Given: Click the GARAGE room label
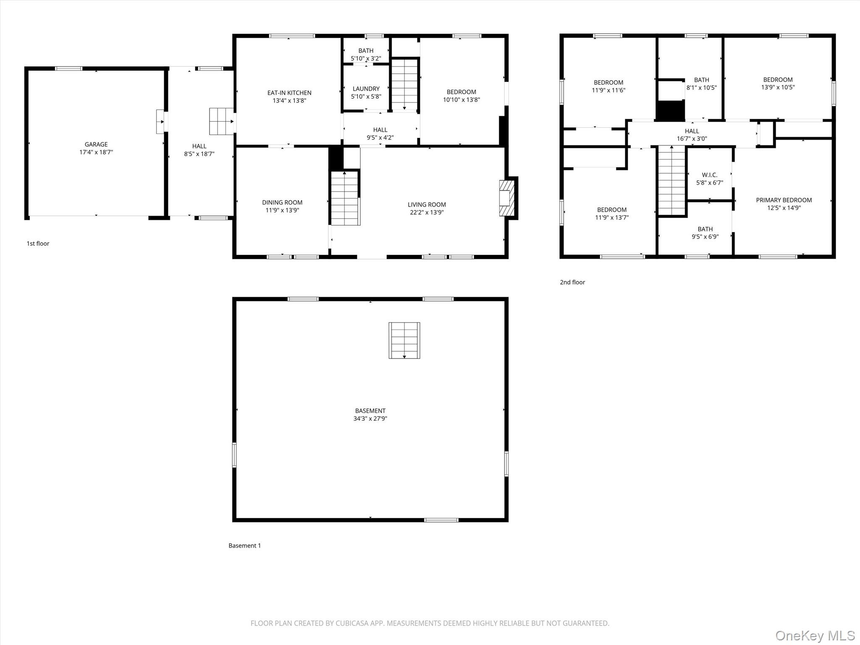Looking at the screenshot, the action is pyautogui.click(x=96, y=144).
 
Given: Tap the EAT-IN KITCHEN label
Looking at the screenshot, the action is pyautogui.click(x=289, y=93).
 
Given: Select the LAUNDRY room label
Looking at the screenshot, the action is pyautogui.click(x=366, y=89).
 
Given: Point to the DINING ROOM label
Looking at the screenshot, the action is pyautogui.click(x=282, y=202).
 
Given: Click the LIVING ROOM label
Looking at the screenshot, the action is pyautogui.click(x=427, y=205).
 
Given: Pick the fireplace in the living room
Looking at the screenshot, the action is pyautogui.click(x=506, y=198).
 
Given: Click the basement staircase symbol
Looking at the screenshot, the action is pyautogui.click(x=404, y=341).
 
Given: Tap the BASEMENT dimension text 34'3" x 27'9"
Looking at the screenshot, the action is pyautogui.click(x=370, y=419).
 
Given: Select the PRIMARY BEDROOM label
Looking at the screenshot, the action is pyautogui.click(x=784, y=200).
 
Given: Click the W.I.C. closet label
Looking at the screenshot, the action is pyautogui.click(x=710, y=175).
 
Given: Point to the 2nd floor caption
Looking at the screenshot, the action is pyautogui.click(x=572, y=282).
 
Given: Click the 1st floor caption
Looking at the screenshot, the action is pyautogui.click(x=38, y=244).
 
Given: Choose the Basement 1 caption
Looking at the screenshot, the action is pyautogui.click(x=245, y=545).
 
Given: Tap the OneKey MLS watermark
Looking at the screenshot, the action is pyautogui.click(x=815, y=635).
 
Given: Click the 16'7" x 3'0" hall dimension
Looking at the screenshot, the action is pyautogui.click(x=692, y=139).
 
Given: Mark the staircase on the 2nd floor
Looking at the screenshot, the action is pyautogui.click(x=672, y=181).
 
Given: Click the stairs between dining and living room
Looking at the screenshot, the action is pyautogui.click(x=345, y=198).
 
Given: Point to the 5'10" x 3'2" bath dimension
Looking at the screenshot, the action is pyautogui.click(x=366, y=58).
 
